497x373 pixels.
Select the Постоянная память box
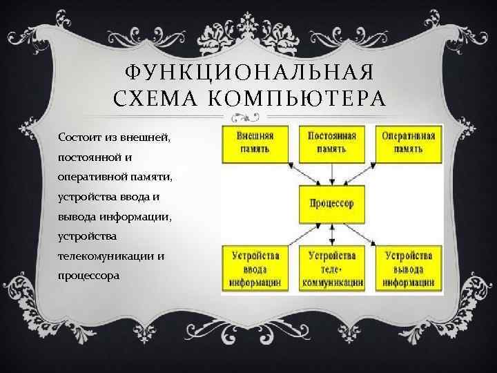[x=332, y=142]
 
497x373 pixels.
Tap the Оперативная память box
[x=408, y=142]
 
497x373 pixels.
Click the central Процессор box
[x=332, y=203]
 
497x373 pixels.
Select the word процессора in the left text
[x=89, y=276]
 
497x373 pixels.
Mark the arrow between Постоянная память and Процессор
[x=332, y=173]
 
